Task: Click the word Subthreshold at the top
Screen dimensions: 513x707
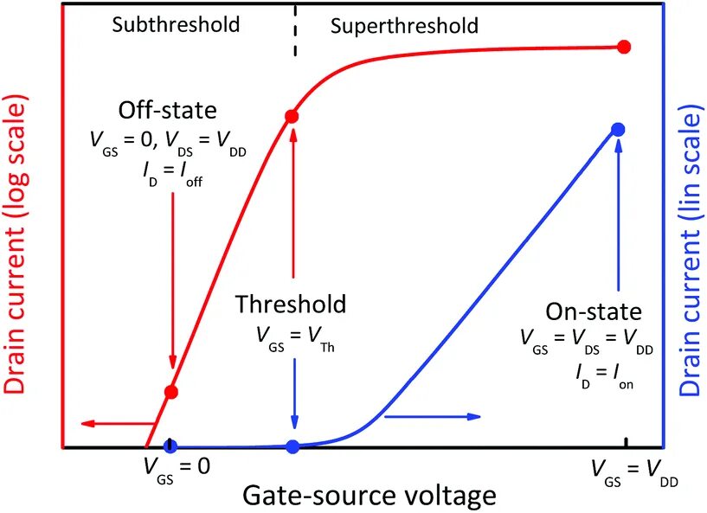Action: pyautogui.click(x=176, y=24)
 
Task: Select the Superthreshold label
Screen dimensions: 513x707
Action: pyautogui.click(x=404, y=26)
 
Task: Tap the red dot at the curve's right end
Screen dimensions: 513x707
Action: pyautogui.click(x=624, y=47)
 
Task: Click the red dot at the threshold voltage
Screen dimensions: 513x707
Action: pyautogui.click(x=292, y=116)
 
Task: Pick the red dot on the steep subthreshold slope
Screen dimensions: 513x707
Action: pyautogui.click(x=171, y=392)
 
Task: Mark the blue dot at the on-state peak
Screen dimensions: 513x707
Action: pyautogui.click(x=618, y=129)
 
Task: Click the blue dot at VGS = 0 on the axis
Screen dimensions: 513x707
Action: pyautogui.click(x=170, y=446)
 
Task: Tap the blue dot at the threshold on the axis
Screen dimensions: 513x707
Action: pyautogui.click(x=292, y=446)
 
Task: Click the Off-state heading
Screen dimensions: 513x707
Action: pyautogui.click(x=168, y=111)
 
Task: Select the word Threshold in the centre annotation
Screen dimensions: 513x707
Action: pyautogui.click(x=291, y=305)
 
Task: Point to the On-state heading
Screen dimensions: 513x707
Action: pyautogui.click(x=594, y=311)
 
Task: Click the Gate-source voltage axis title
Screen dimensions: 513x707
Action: pyautogui.click(x=369, y=496)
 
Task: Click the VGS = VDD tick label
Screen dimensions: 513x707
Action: pyautogui.click(x=625, y=470)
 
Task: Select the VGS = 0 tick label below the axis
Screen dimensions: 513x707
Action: pyautogui.click(x=176, y=467)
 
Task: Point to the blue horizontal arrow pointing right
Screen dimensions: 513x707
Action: pyautogui.click(x=431, y=416)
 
